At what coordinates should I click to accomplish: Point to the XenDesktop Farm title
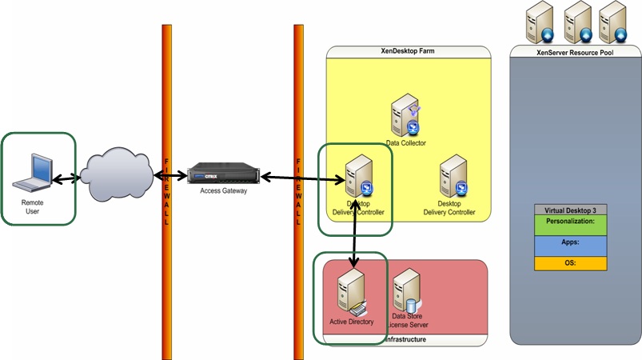(408, 51)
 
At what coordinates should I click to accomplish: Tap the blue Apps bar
(570, 245)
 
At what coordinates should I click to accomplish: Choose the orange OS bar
(570, 263)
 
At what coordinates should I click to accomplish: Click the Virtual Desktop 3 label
(570, 210)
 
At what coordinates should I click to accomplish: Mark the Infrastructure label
(405, 340)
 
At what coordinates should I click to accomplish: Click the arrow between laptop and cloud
(66, 178)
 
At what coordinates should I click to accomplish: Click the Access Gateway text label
(224, 192)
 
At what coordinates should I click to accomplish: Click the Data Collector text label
(406, 143)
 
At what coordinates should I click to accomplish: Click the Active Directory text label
(352, 322)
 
